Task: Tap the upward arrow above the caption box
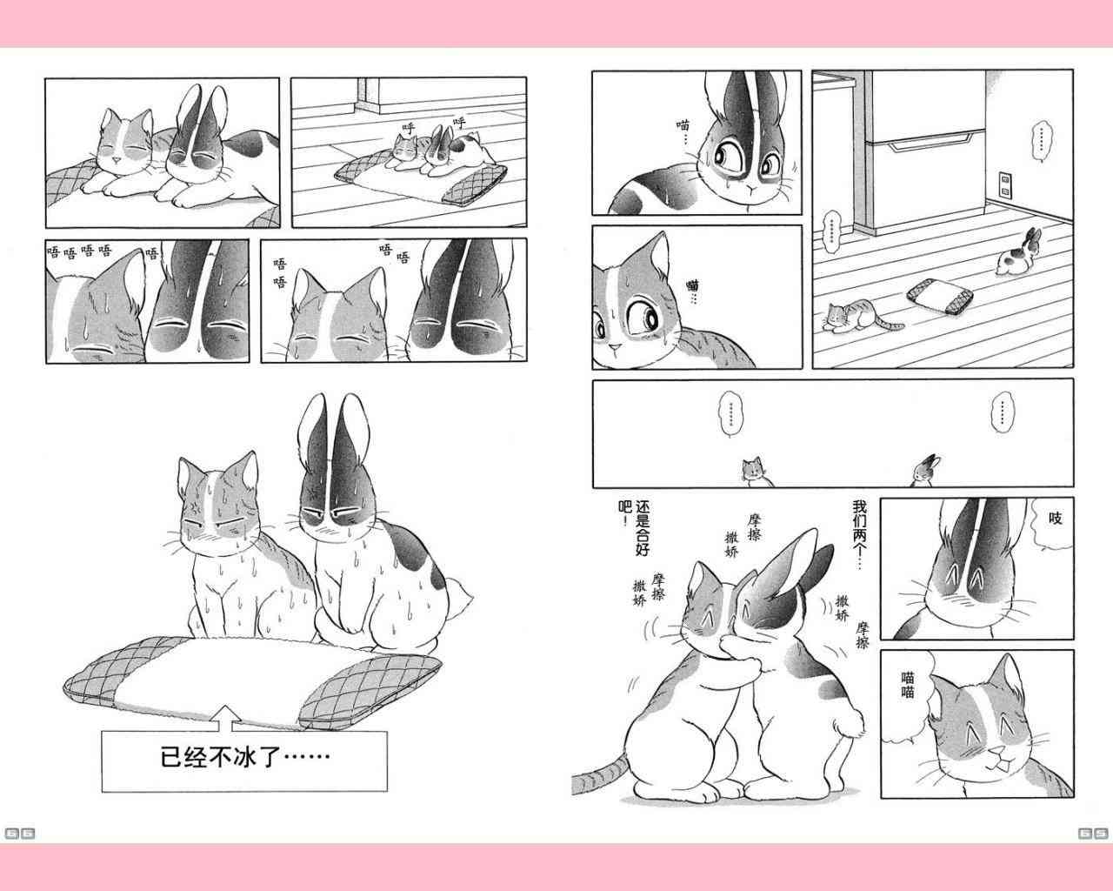pos(223,717)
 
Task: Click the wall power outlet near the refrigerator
pos(1005,184)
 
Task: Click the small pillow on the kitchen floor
pos(940,296)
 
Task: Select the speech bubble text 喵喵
pos(907,685)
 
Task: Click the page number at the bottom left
pos(20,833)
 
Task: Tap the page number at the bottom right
pos(1092,833)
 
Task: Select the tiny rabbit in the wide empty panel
pos(927,471)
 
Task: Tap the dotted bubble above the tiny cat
pos(730,414)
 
